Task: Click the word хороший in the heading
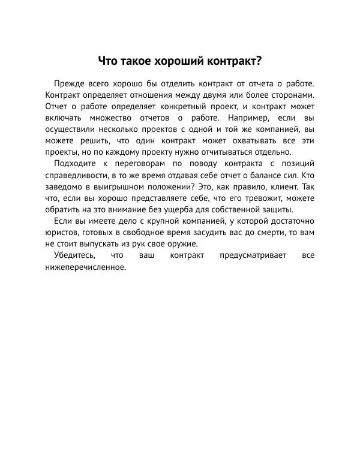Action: pos(179,61)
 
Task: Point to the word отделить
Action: pos(172,83)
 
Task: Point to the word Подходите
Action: pos(76,164)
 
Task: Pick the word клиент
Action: pos(284,187)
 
